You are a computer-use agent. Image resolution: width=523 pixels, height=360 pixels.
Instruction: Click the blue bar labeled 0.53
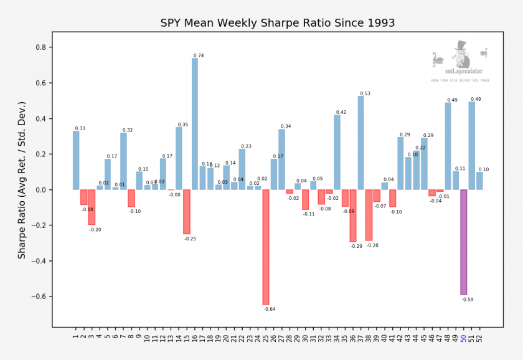click(x=361, y=143)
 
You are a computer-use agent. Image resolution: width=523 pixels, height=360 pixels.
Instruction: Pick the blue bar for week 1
click(x=76, y=160)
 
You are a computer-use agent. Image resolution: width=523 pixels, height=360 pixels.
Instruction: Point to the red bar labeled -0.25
click(x=187, y=212)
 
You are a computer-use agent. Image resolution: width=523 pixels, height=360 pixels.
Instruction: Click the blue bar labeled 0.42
click(x=337, y=152)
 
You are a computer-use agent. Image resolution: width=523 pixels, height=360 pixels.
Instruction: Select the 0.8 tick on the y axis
click(x=43, y=47)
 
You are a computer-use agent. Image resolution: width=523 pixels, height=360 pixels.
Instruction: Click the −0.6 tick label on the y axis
click(x=40, y=296)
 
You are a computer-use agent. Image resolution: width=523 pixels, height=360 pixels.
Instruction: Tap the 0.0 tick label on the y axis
click(x=43, y=190)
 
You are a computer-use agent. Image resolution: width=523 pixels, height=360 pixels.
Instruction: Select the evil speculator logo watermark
click(x=460, y=62)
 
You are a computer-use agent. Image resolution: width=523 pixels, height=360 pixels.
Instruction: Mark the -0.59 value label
click(x=468, y=300)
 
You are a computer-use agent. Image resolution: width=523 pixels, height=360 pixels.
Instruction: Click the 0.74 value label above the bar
click(x=199, y=56)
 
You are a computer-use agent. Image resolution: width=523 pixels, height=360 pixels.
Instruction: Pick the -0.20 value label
click(x=95, y=230)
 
